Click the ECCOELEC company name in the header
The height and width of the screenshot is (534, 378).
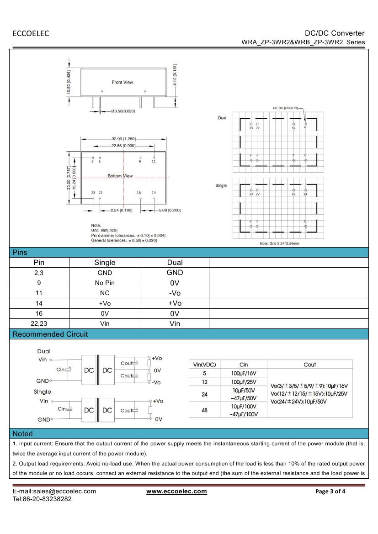31,33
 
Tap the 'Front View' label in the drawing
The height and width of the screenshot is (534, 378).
122,82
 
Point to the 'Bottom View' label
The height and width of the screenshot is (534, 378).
120,176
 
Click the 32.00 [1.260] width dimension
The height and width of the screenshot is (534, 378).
123,138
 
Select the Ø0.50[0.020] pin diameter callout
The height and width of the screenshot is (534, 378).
123,111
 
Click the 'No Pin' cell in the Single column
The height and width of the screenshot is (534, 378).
105,283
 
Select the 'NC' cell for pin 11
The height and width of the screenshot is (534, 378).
105,293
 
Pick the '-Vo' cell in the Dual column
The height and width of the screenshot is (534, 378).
175,293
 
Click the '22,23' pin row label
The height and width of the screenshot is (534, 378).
39,323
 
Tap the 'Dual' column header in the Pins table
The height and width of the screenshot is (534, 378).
175,262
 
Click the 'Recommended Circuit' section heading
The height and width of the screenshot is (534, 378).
50,334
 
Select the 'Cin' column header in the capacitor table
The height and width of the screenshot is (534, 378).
244,365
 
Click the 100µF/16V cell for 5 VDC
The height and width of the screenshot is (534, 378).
244,373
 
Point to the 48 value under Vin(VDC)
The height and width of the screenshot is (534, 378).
204,410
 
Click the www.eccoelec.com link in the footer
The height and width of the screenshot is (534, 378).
176,491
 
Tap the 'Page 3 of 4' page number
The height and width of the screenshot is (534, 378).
330,492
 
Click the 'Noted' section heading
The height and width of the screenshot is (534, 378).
23,434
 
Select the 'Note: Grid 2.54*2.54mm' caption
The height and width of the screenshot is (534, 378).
279,243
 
